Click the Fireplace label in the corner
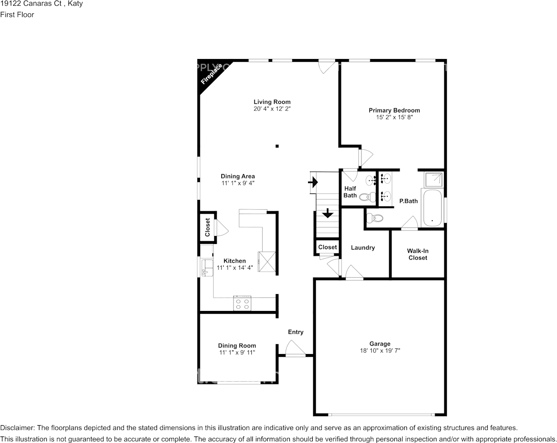(x=211, y=74)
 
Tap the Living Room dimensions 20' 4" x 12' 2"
(x=272, y=109)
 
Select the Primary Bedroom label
(x=394, y=111)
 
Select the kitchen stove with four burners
(x=242, y=303)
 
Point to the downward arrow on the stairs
(x=327, y=214)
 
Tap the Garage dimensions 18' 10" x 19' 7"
(x=379, y=350)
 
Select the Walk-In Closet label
(x=417, y=254)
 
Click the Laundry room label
(x=362, y=248)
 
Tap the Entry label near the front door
(x=295, y=332)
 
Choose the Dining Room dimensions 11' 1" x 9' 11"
(x=237, y=352)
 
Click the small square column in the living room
(x=277, y=146)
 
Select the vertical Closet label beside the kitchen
(x=207, y=227)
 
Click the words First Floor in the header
(x=17, y=15)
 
